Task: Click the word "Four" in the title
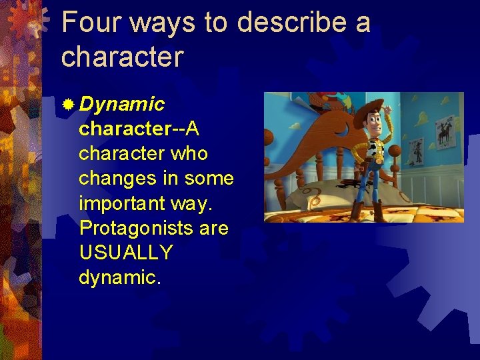click(x=91, y=23)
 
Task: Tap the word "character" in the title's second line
click(x=121, y=57)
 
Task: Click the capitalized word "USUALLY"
click(x=126, y=253)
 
